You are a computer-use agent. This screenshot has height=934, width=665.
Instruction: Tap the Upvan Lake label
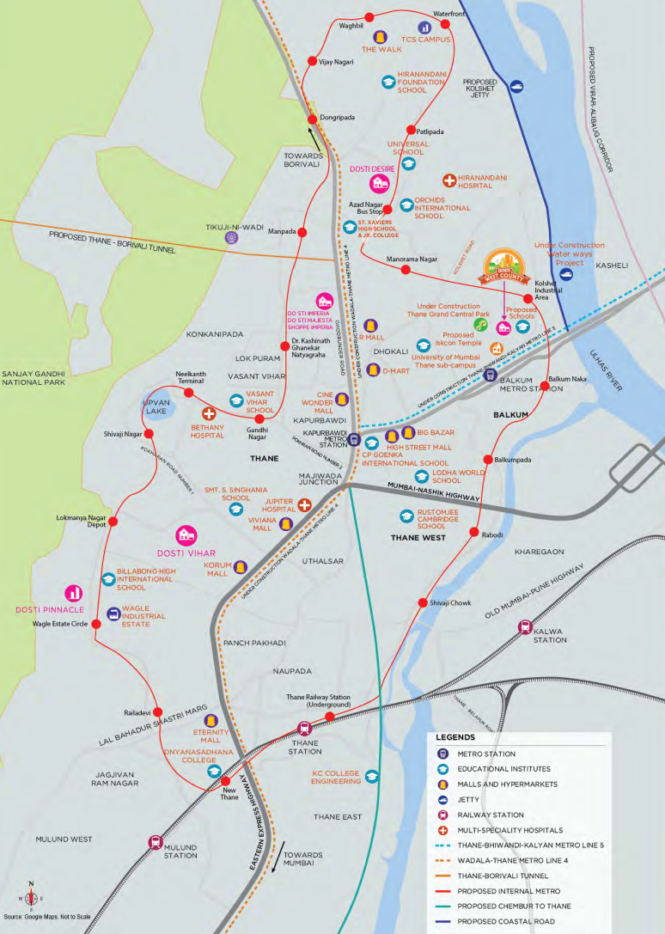tap(156, 406)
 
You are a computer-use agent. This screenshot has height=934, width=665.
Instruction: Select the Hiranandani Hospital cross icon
tap(448, 180)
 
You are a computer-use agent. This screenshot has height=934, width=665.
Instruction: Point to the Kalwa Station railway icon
tap(525, 627)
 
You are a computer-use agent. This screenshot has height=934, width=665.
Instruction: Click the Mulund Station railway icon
tap(156, 842)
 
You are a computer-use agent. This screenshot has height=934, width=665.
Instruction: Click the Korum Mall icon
tap(241, 567)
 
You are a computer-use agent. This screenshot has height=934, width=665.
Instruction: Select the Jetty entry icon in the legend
tap(442, 799)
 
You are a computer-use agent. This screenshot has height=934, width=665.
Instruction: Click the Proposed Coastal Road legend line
tap(447, 922)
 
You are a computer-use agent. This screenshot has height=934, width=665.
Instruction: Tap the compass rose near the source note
tap(31, 897)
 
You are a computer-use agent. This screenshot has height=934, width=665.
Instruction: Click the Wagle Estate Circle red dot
tap(96, 625)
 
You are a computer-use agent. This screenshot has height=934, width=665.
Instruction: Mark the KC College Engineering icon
tap(372, 776)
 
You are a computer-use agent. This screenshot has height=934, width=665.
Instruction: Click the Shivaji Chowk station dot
tap(422, 602)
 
